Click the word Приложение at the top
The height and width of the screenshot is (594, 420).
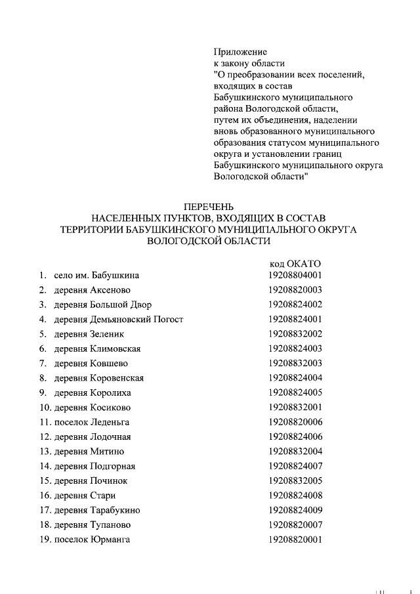[240, 52]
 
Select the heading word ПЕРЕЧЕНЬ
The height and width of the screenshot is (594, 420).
[209, 207]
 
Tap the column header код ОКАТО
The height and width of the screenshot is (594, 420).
[295, 264]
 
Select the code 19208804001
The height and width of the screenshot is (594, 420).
[295, 275]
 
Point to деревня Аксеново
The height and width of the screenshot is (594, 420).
[92, 289]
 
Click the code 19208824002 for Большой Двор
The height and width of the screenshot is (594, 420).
[295, 305]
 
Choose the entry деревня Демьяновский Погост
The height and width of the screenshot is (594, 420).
[118, 319]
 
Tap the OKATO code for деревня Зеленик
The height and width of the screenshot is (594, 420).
[295, 333]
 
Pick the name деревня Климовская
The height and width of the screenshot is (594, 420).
[97, 349]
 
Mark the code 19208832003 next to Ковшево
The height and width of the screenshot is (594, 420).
[295, 363]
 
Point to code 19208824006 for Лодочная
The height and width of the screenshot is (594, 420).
[295, 436]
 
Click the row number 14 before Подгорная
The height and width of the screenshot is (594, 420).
[45, 466]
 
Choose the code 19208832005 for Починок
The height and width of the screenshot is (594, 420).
[295, 480]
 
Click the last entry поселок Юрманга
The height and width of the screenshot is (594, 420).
[92, 540]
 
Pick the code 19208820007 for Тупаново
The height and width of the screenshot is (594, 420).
[295, 524]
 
